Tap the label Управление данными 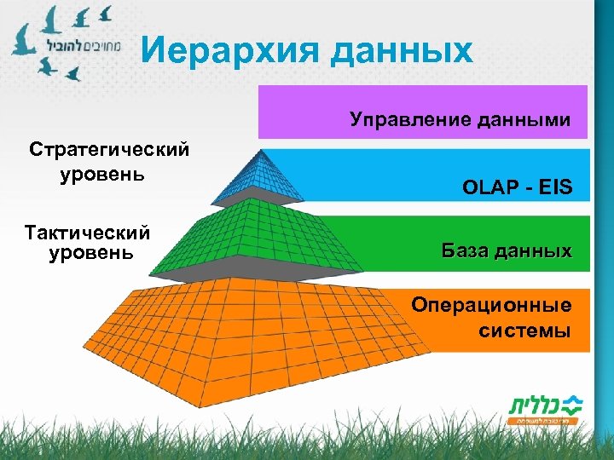pos(460,120)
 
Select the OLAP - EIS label pos(517,186)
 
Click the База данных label pos(506,251)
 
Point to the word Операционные pos(490,305)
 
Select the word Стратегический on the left pos(108,150)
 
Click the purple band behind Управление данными pos(341,102)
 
